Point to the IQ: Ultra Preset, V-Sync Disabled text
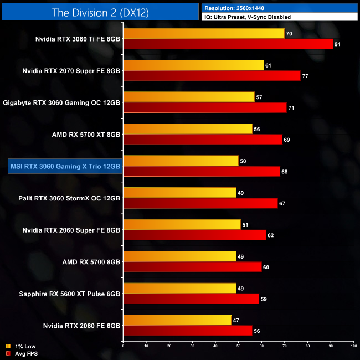247,17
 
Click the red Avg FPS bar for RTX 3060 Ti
228,44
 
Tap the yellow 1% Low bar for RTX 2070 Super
193,65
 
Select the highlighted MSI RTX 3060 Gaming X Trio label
65,166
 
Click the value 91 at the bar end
337,44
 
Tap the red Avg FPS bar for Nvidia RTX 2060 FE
187,331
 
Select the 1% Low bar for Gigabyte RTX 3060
189,97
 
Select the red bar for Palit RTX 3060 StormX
200,203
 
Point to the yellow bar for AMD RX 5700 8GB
179,256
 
